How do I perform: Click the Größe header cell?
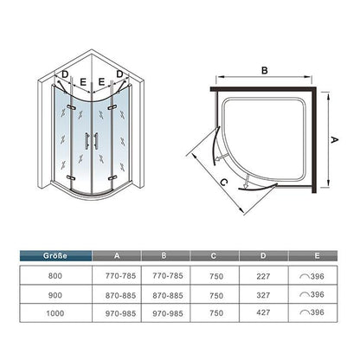[x=55, y=256]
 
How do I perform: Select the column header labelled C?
[x=215, y=256]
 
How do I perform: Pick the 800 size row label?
[x=55, y=276]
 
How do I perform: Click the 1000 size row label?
[x=55, y=313]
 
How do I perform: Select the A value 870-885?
[x=120, y=296]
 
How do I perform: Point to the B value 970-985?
[x=168, y=313]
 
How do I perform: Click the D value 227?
[x=263, y=276]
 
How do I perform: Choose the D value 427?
[x=263, y=312]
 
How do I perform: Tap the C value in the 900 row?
[x=216, y=296]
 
